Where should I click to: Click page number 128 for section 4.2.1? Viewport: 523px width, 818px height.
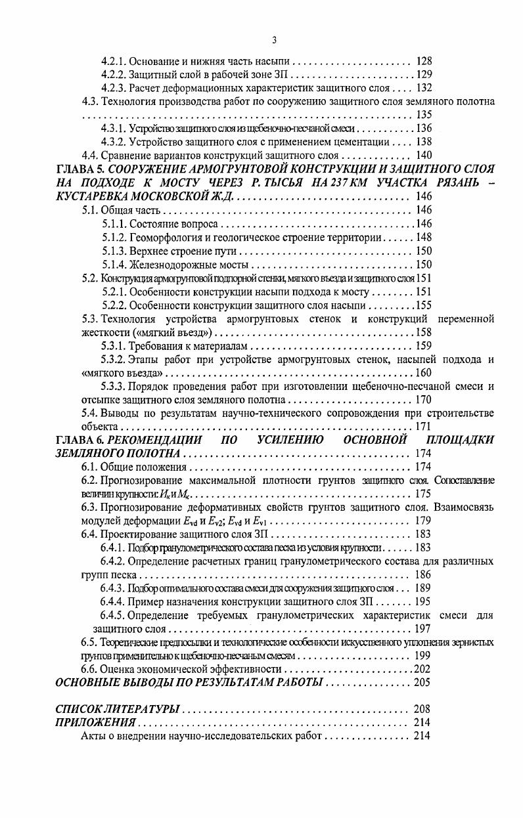(x=424, y=62)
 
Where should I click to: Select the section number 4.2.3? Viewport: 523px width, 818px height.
(x=114, y=88)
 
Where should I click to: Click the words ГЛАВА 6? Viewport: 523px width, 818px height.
(x=80, y=439)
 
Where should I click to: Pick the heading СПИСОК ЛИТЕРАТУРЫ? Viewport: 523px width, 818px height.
(x=117, y=710)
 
